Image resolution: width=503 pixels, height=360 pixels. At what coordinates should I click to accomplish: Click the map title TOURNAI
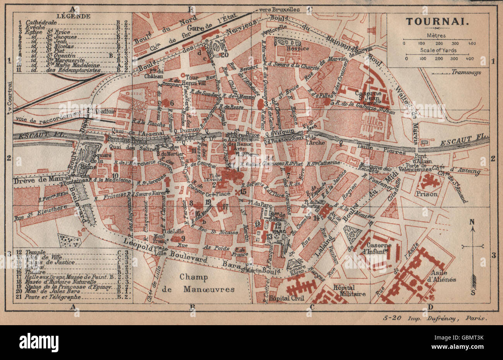(438, 22)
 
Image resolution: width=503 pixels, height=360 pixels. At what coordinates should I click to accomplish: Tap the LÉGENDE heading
(68, 16)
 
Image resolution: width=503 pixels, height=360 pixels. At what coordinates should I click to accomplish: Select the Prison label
(428, 194)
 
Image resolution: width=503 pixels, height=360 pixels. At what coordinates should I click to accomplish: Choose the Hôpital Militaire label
(349, 290)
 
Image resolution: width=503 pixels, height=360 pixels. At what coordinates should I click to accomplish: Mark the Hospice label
(297, 48)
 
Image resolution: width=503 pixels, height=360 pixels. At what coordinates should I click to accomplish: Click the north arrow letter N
(472, 222)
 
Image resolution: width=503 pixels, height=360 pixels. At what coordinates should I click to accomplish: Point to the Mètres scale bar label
(436, 35)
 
